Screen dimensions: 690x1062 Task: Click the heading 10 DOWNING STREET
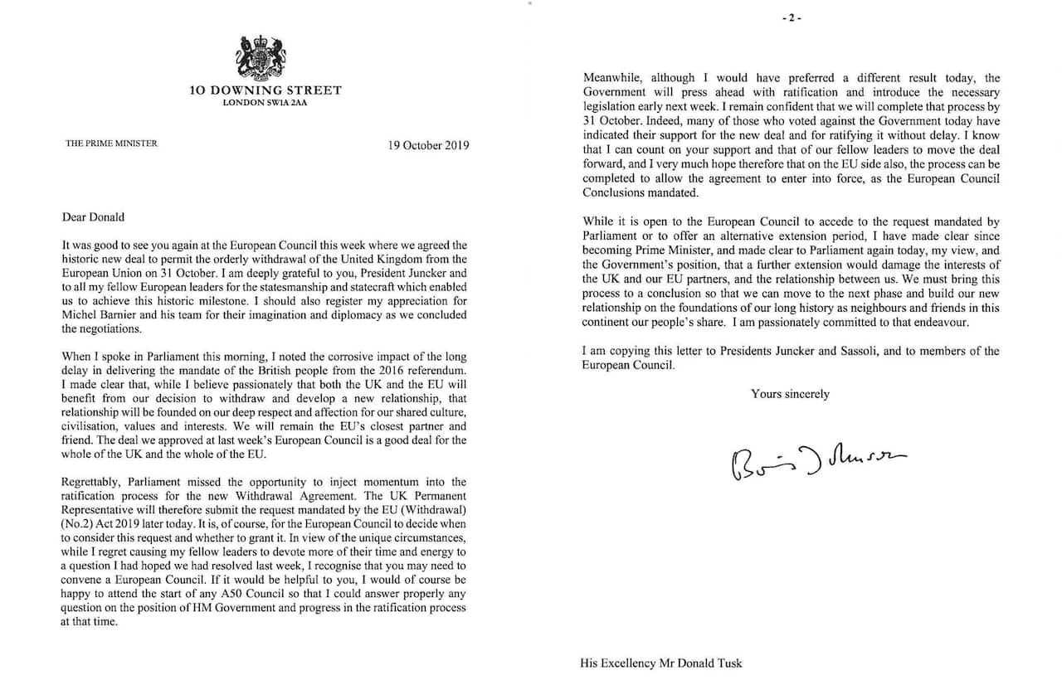pyautogui.click(x=265, y=90)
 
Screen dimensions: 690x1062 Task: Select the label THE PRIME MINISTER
pyautogui.click(x=111, y=143)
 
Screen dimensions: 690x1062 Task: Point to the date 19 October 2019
pyautogui.click(x=428, y=144)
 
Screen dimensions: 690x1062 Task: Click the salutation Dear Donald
pyautogui.click(x=93, y=217)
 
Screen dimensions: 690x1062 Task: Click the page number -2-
pyautogui.click(x=796, y=18)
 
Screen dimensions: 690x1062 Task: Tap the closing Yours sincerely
pyautogui.click(x=790, y=394)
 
